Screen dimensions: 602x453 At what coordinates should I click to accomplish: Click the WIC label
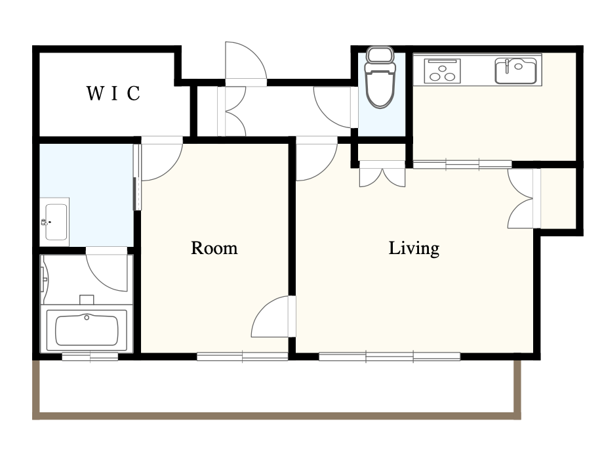(x=113, y=93)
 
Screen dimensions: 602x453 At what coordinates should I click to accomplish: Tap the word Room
(x=214, y=248)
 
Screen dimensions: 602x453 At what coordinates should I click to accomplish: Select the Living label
(x=414, y=249)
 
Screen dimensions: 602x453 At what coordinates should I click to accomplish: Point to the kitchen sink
(x=515, y=71)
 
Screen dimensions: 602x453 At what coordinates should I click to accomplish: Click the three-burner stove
(x=442, y=71)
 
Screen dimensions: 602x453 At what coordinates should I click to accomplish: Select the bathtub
(x=87, y=330)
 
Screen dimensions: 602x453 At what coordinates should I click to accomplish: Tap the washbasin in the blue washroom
(x=55, y=222)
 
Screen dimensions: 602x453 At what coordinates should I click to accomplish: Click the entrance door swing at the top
(x=246, y=62)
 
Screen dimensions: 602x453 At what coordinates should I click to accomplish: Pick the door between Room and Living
(x=273, y=316)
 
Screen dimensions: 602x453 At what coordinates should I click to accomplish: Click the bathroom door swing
(x=106, y=269)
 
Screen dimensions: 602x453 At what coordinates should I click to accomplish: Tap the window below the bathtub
(x=90, y=357)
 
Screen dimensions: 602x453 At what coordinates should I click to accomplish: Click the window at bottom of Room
(x=242, y=357)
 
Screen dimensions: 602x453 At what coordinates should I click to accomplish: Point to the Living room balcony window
(x=390, y=357)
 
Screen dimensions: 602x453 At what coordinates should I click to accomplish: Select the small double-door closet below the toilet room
(x=382, y=174)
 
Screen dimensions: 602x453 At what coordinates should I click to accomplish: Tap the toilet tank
(x=380, y=55)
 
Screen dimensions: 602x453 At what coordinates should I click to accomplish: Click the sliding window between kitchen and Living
(x=462, y=164)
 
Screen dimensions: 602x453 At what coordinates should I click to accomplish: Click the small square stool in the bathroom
(x=87, y=299)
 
